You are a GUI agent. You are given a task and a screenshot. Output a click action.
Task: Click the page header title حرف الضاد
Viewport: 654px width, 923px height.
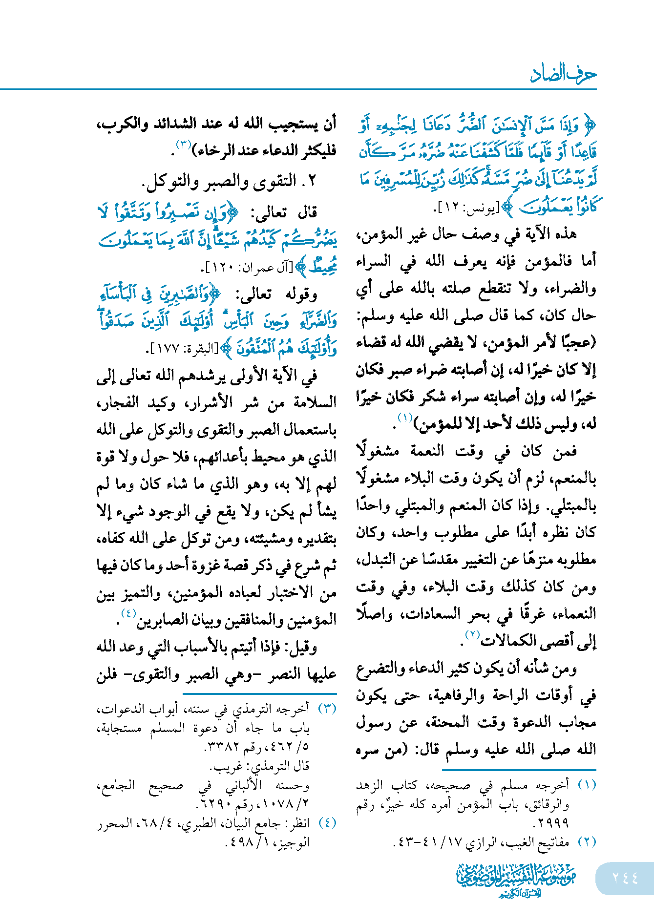pos(563,74)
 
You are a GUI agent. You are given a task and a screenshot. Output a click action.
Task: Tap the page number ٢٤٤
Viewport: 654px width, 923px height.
pos(625,878)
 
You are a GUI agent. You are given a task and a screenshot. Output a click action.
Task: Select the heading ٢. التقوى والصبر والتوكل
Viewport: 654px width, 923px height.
pos(230,182)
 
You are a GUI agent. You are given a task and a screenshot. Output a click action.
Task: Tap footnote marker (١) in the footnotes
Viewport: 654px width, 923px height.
pos(587,785)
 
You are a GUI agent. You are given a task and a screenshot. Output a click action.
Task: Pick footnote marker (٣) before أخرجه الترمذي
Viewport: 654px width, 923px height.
pos(327,708)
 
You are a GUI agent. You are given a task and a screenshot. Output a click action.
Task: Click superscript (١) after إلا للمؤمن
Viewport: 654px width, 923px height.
pos(405,418)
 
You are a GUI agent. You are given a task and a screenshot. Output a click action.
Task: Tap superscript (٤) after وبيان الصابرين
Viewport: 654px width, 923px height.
pos(128,613)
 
